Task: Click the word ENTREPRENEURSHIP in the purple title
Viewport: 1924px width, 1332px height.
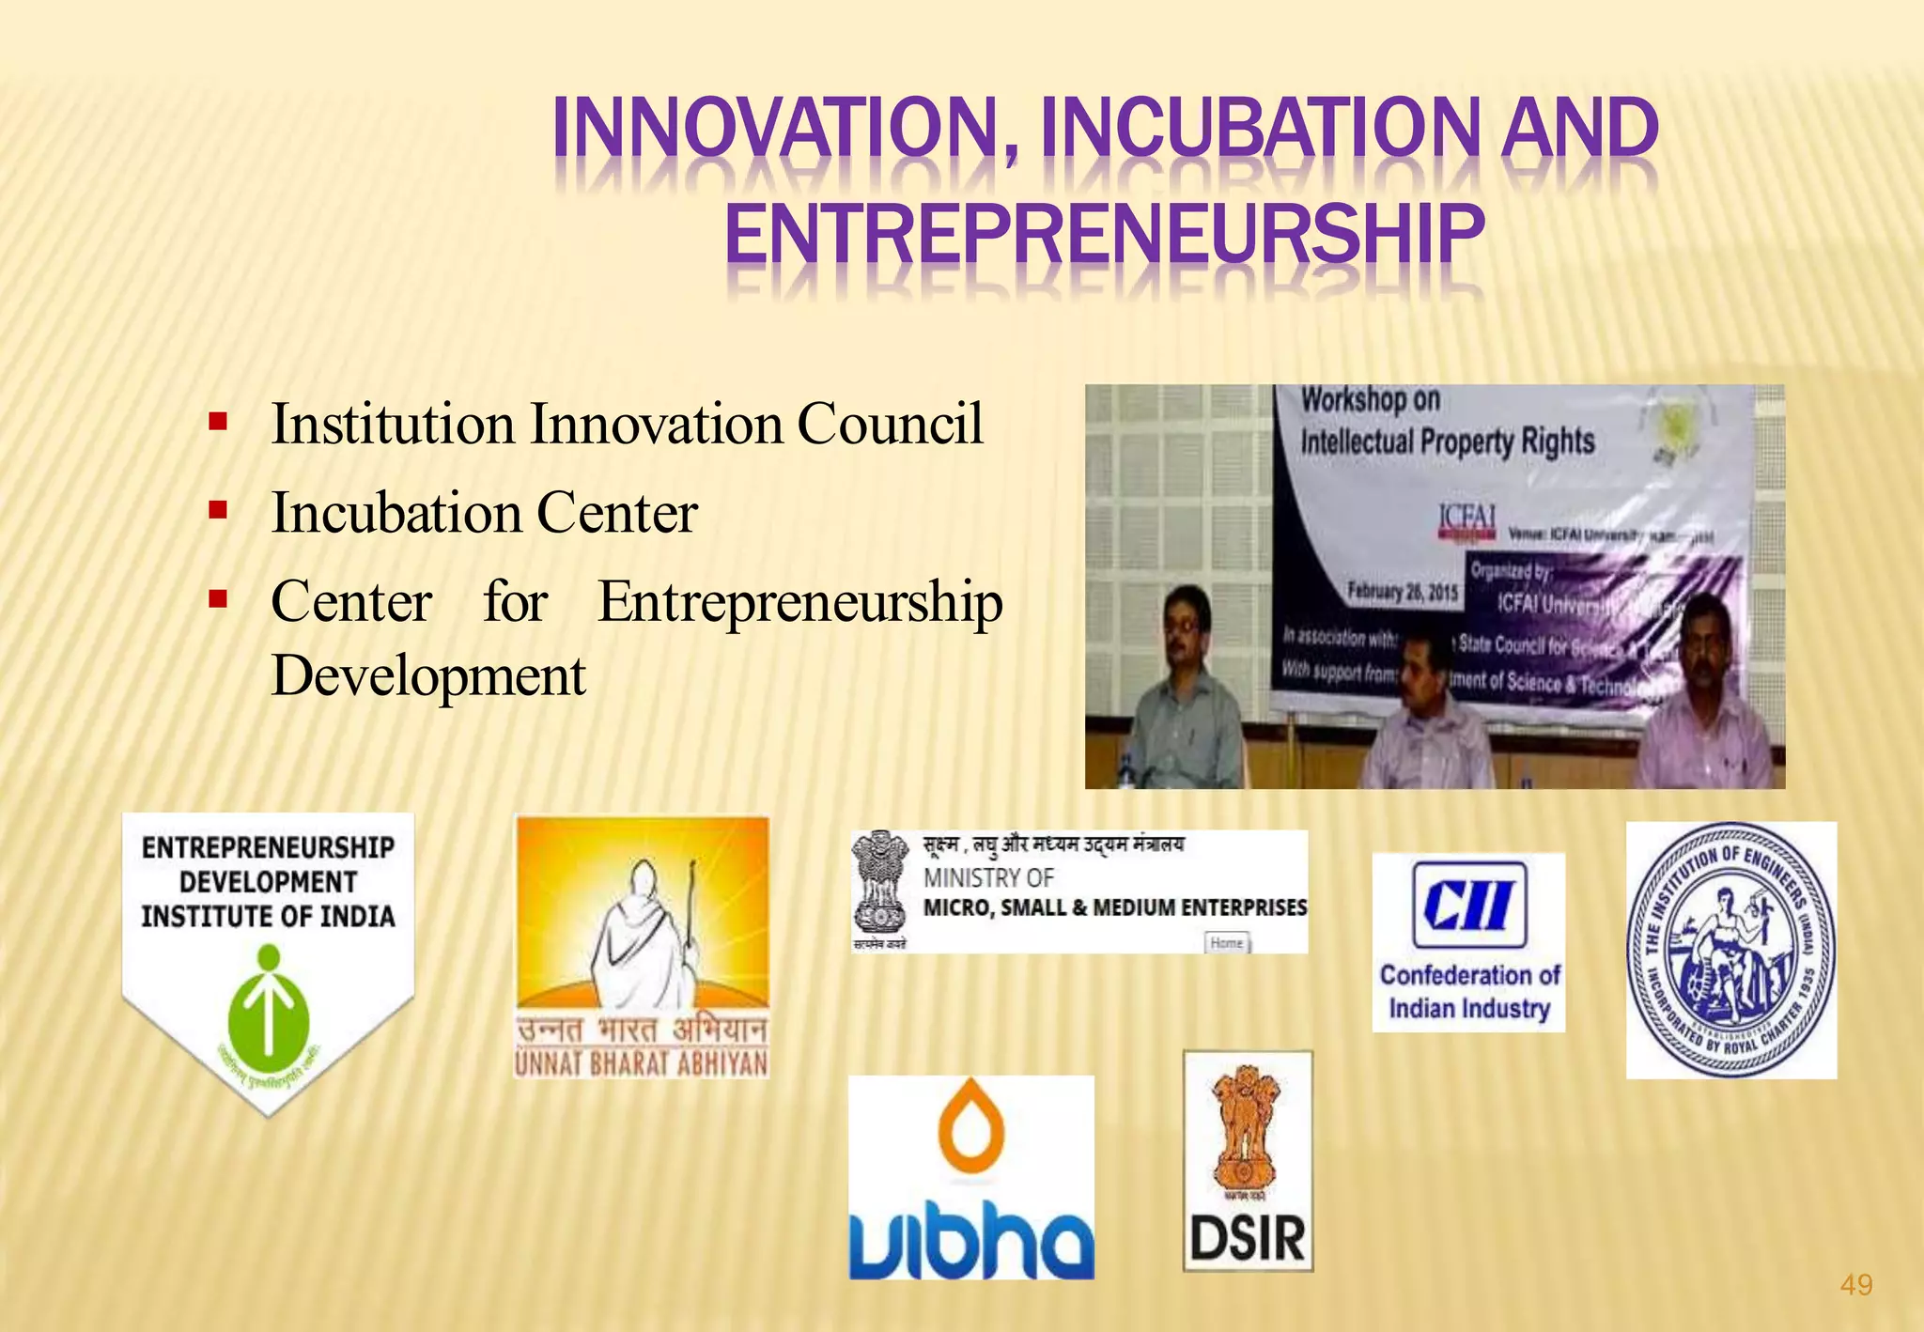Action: [x=1104, y=235]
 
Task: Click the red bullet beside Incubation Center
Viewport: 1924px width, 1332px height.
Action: [x=218, y=510]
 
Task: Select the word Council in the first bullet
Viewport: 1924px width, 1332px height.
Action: [x=890, y=424]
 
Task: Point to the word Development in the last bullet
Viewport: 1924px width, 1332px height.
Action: [x=428, y=675]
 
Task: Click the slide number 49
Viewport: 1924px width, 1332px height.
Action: [x=1855, y=1284]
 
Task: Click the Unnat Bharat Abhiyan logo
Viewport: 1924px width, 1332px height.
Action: [x=642, y=946]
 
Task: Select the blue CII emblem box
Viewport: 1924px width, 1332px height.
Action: [x=1468, y=905]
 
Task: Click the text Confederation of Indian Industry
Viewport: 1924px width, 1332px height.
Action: [x=1469, y=992]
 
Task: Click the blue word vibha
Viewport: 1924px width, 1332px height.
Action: [x=971, y=1242]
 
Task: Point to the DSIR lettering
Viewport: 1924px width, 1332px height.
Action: [x=1248, y=1238]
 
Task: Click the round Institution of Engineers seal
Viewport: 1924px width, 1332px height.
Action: [x=1730, y=950]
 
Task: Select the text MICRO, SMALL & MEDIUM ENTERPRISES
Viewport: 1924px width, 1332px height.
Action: [x=1114, y=907]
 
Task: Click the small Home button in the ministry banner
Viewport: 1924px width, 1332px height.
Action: [x=1226, y=942]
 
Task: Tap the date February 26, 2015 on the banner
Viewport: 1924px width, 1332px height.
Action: [x=1403, y=592]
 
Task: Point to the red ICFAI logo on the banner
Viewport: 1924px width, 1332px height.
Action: [x=1467, y=520]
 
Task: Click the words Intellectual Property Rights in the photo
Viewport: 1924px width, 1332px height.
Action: [x=1447, y=441]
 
